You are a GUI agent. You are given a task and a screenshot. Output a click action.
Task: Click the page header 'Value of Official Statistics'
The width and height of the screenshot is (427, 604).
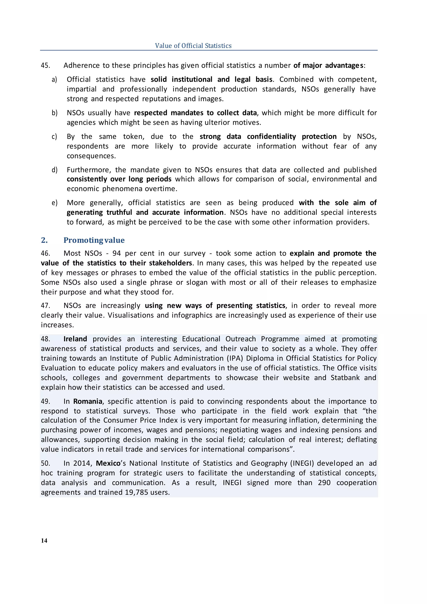tap(193, 45)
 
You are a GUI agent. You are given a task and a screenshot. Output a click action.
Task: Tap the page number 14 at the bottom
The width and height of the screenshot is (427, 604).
tap(44, 540)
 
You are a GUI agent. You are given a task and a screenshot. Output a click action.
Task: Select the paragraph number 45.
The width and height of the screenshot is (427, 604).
tap(45, 65)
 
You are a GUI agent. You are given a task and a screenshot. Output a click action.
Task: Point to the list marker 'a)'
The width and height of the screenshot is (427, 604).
tap(54, 79)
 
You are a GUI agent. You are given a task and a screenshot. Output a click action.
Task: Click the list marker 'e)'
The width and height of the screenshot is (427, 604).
tap(54, 203)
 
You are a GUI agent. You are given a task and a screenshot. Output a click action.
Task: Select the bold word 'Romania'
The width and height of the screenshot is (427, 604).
tap(88, 401)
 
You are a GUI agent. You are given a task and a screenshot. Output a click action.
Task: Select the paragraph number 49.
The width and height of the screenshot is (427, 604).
tap(45, 401)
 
